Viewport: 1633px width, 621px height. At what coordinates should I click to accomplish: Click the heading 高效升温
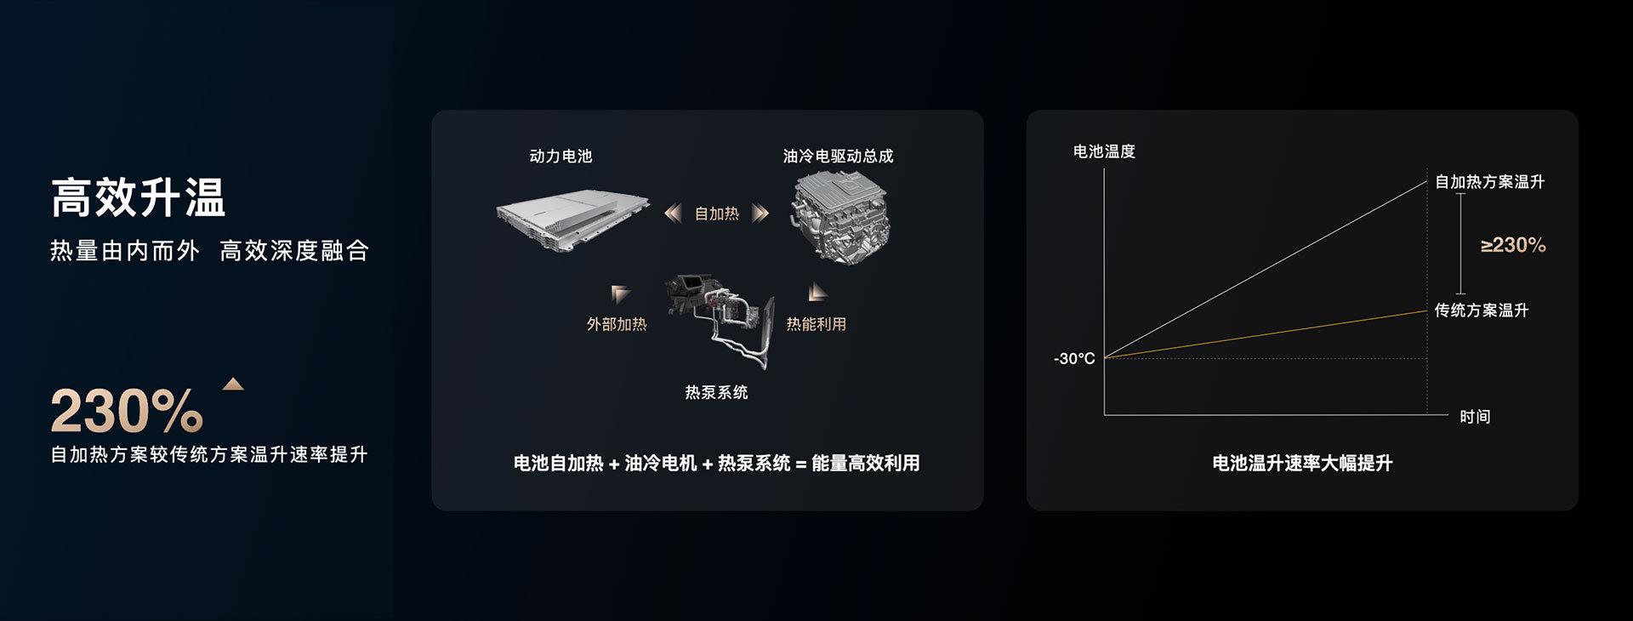pyautogui.click(x=138, y=198)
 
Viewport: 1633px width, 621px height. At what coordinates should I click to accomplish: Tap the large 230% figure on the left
pyautogui.click(x=127, y=411)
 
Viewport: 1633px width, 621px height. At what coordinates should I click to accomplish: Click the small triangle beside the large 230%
pyautogui.click(x=233, y=384)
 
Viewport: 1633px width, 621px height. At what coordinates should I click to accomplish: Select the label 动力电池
pyautogui.click(x=560, y=156)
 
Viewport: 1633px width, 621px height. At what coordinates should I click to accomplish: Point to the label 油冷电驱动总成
pyautogui.click(x=838, y=156)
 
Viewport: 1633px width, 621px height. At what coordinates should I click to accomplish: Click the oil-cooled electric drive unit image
pyautogui.click(x=840, y=218)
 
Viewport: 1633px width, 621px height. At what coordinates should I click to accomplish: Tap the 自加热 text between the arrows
pyautogui.click(x=717, y=214)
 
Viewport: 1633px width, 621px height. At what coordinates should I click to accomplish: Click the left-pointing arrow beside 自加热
pyautogui.click(x=673, y=213)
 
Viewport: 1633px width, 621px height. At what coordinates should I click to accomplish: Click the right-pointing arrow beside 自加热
pyautogui.click(x=760, y=213)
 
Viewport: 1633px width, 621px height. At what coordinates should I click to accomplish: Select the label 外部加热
pyautogui.click(x=617, y=324)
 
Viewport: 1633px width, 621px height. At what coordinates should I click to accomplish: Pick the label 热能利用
pyautogui.click(x=816, y=324)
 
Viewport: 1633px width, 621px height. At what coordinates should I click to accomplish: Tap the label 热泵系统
pyautogui.click(x=717, y=392)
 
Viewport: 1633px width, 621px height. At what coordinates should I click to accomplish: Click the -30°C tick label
pyautogui.click(x=1074, y=359)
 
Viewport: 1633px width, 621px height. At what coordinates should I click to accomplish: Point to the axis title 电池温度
pyautogui.click(x=1104, y=151)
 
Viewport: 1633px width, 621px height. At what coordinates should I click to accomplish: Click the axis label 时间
pyautogui.click(x=1475, y=417)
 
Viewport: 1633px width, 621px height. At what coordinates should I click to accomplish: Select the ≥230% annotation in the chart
pyautogui.click(x=1513, y=245)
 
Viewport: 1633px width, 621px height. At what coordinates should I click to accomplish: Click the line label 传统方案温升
pyautogui.click(x=1482, y=310)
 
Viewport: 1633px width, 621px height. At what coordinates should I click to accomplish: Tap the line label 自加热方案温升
pyautogui.click(x=1489, y=182)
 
